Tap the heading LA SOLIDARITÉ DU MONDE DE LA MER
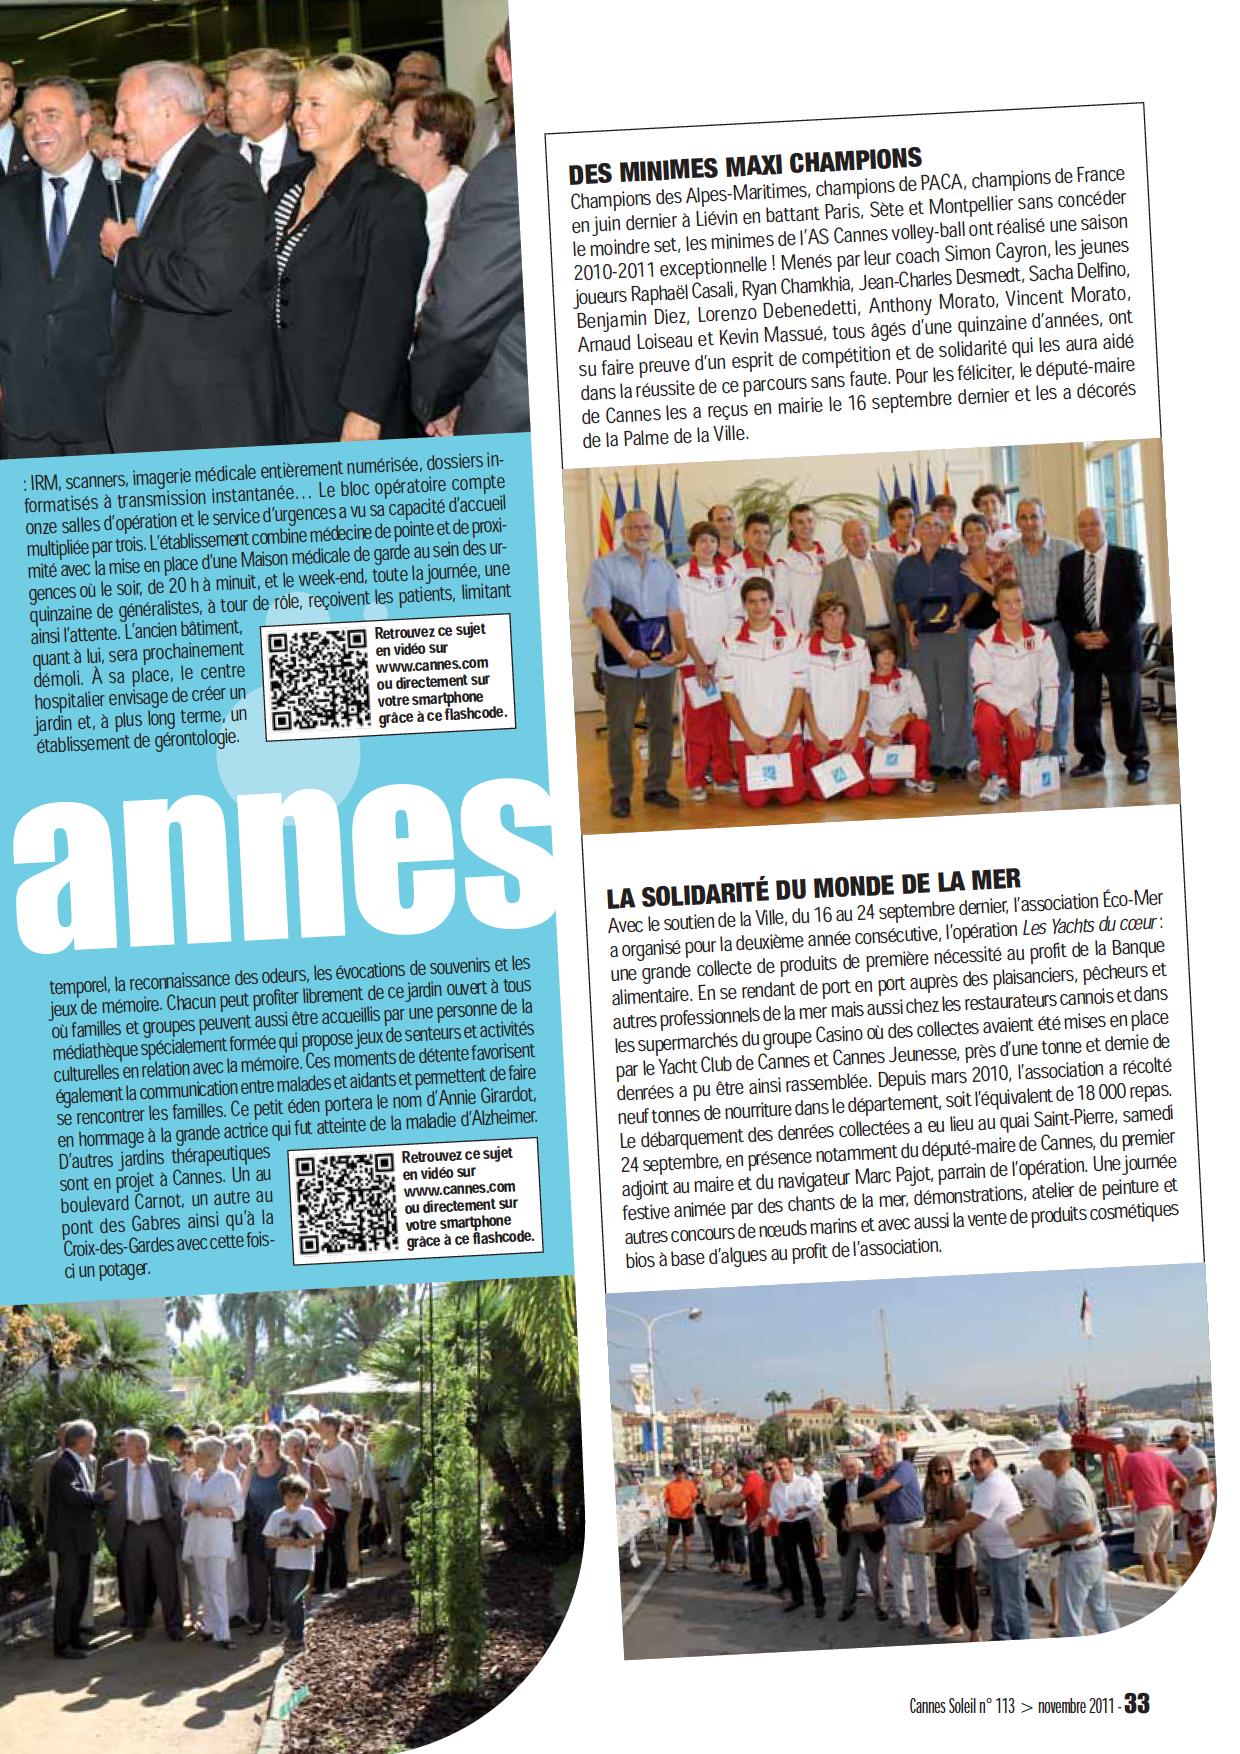pos(813,881)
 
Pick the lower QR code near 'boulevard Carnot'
pos(342,1202)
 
